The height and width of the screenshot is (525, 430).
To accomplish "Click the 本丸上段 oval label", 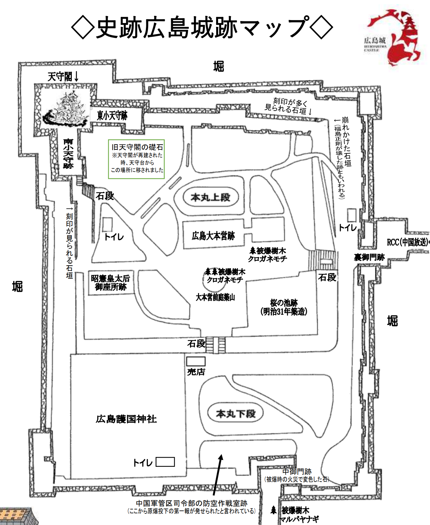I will [211, 197].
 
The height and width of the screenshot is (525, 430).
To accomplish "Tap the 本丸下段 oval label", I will [236, 413].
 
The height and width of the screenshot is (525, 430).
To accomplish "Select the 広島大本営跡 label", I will [213, 236].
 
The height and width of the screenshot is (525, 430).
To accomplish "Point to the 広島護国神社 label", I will [126, 419].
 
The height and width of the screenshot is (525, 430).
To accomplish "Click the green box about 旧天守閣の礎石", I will [136, 159].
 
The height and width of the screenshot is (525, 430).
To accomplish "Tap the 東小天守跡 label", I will [112, 115].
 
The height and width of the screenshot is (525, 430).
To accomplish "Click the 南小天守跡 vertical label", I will [68, 154].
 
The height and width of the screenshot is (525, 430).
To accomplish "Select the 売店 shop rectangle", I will [196, 361].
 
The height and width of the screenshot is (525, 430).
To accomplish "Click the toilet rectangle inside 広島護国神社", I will [165, 462].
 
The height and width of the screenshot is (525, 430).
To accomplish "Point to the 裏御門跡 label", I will [369, 257].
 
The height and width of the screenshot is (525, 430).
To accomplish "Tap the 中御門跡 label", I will [297, 472].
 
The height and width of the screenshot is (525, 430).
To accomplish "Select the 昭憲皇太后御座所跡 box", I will [111, 283].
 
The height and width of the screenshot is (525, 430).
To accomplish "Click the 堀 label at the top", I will [219, 66].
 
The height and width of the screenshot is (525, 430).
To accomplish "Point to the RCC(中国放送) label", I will [408, 242].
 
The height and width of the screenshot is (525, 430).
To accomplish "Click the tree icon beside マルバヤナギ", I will [274, 510].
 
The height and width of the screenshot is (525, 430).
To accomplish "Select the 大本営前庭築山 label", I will [215, 297].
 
